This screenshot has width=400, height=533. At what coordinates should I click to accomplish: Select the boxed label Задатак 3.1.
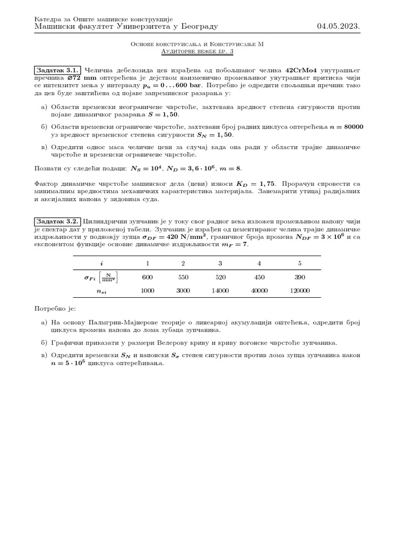click(57, 70)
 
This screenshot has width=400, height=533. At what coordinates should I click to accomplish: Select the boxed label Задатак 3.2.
click(57, 221)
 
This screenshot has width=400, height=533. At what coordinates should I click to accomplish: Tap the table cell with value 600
click(147, 277)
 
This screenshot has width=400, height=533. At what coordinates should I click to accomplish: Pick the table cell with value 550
click(183, 277)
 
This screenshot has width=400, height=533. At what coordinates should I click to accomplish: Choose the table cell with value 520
click(220, 277)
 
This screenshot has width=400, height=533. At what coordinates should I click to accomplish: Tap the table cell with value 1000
click(147, 291)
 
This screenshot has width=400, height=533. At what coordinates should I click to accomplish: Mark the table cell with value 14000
click(220, 291)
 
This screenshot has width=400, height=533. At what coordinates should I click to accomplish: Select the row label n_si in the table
click(102, 291)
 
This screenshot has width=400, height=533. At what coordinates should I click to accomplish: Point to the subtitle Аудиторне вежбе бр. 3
click(197, 52)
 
